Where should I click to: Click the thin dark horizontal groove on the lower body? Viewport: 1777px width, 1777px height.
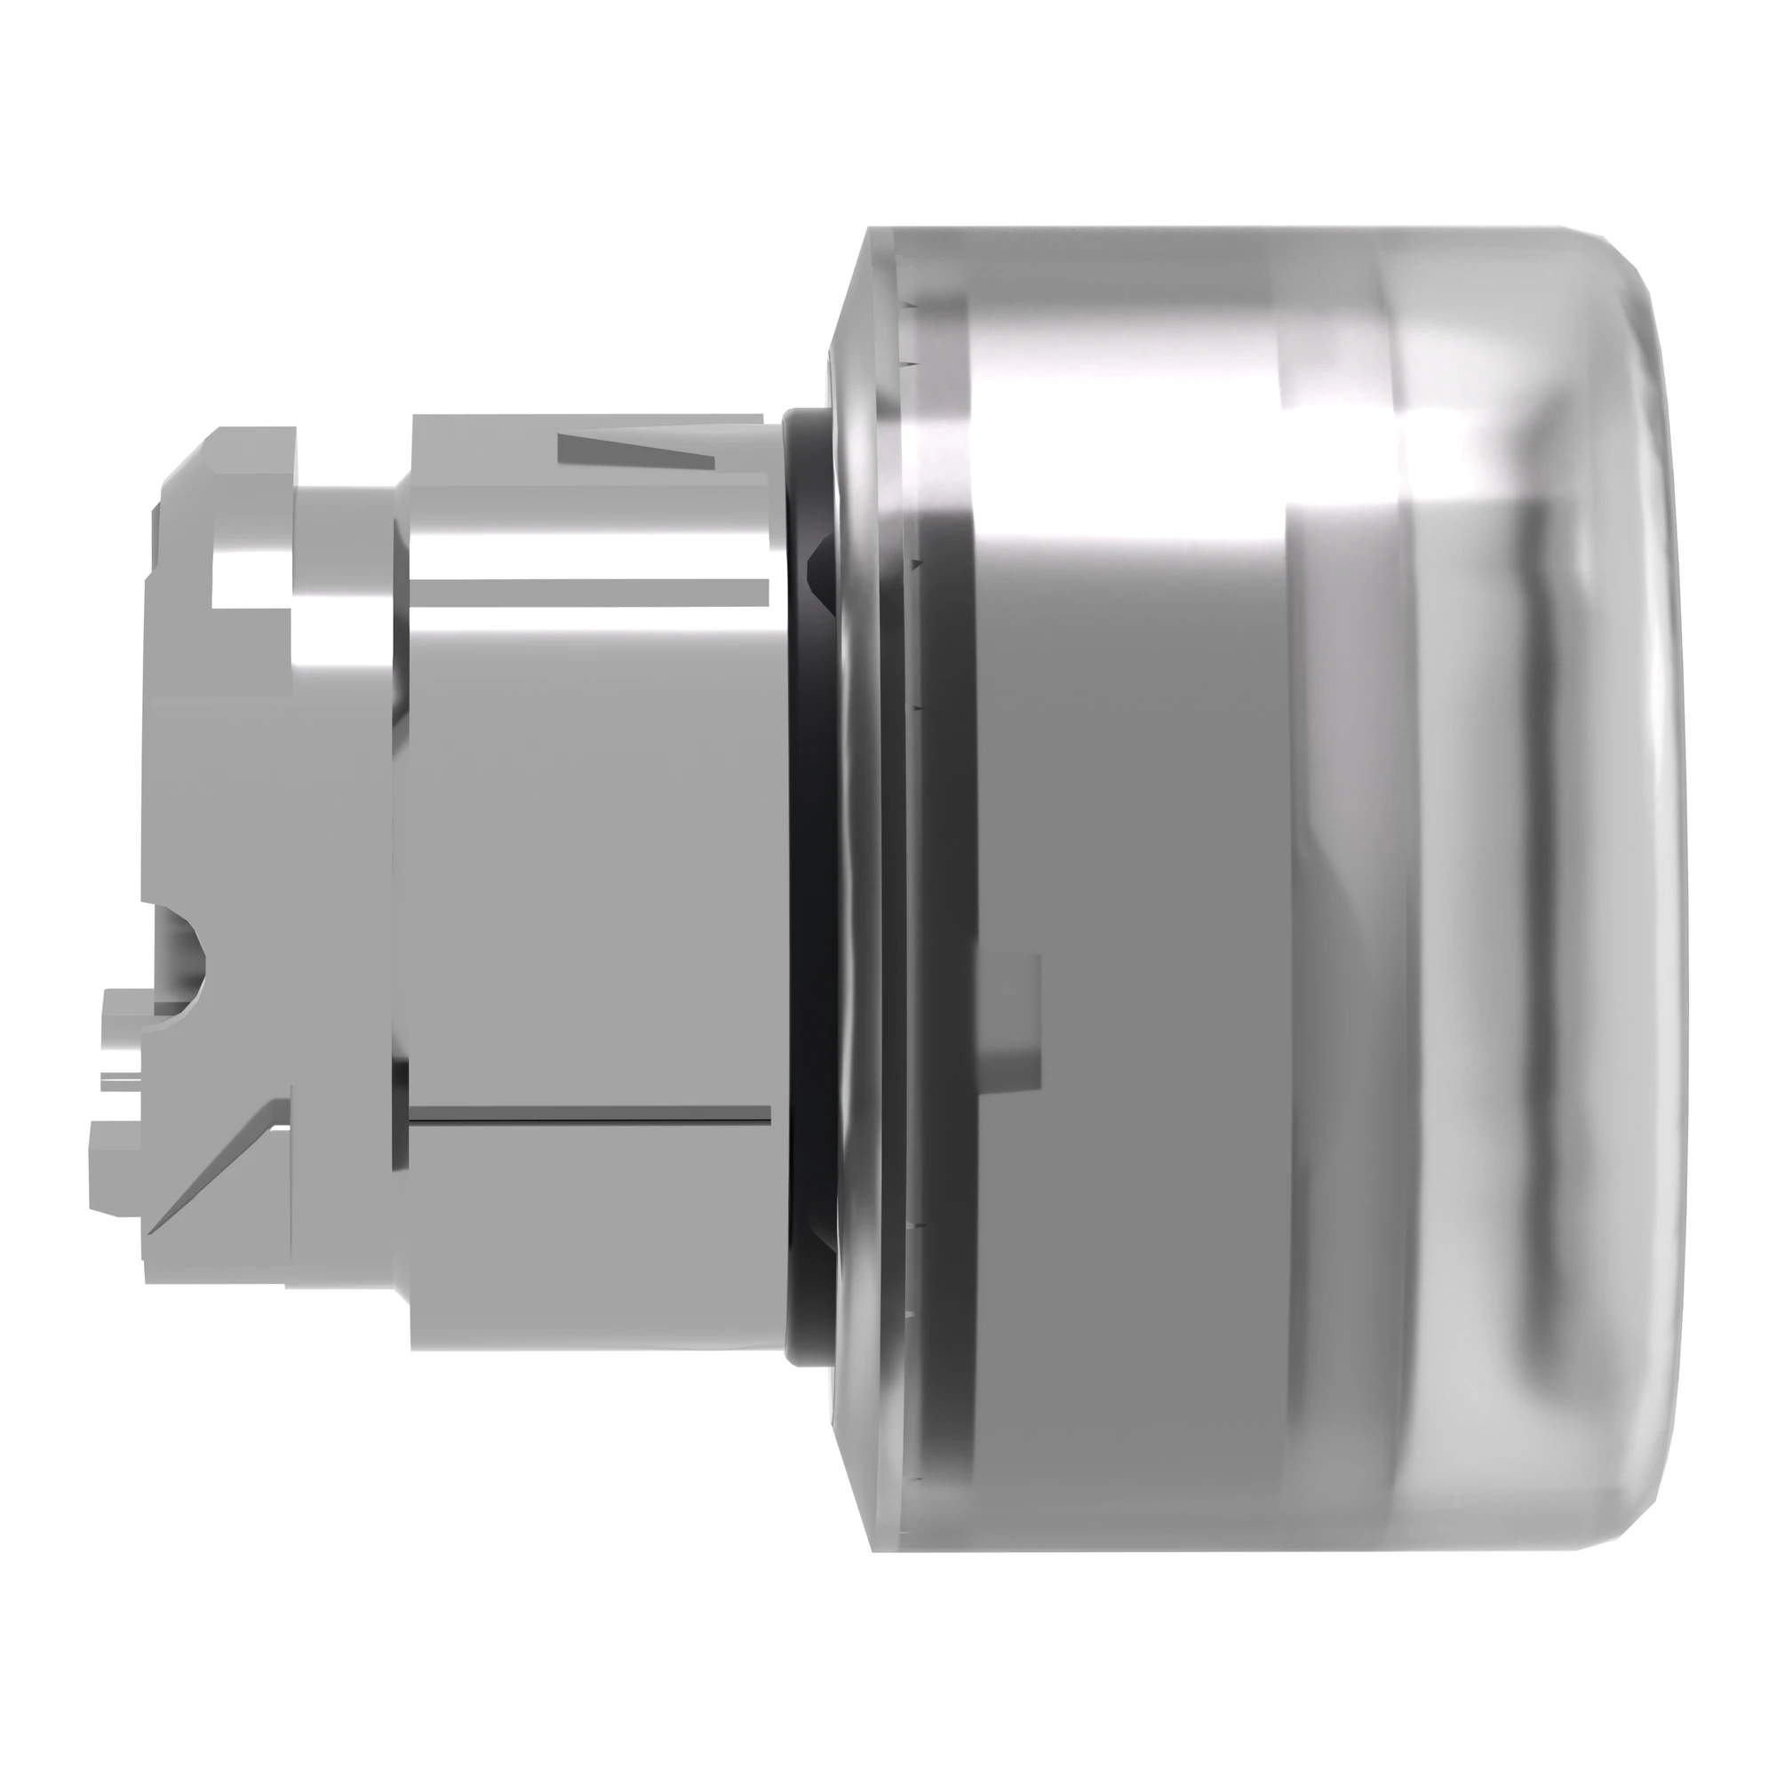(589, 1117)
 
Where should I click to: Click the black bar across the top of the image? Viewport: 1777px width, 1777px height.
(888, 74)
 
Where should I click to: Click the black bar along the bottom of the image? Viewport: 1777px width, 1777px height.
(888, 1701)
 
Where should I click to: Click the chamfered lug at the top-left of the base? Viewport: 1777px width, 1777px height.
(230, 450)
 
